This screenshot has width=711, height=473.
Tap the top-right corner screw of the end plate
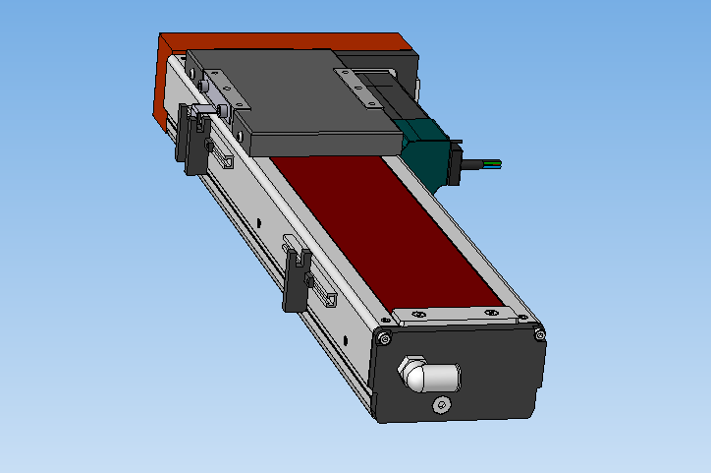(x=539, y=335)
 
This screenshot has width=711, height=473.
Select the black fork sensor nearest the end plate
(x=296, y=279)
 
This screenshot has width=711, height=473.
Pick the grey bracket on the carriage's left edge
(x=217, y=89)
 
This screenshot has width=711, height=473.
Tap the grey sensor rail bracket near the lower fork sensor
(x=328, y=295)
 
